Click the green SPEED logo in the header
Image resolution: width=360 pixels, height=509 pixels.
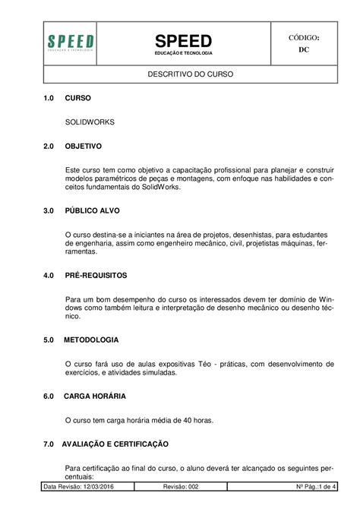pos(71,43)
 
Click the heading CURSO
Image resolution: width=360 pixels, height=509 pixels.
pos(78,99)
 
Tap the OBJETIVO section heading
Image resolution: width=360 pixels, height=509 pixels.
pos(84,144)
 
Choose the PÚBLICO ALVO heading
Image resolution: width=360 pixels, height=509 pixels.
pos(92,210)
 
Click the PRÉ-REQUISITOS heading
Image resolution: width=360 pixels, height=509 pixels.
pos(96,274)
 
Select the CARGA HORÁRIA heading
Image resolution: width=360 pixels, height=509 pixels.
pos(95,396)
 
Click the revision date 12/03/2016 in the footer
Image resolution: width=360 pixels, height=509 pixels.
pos(99,486)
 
